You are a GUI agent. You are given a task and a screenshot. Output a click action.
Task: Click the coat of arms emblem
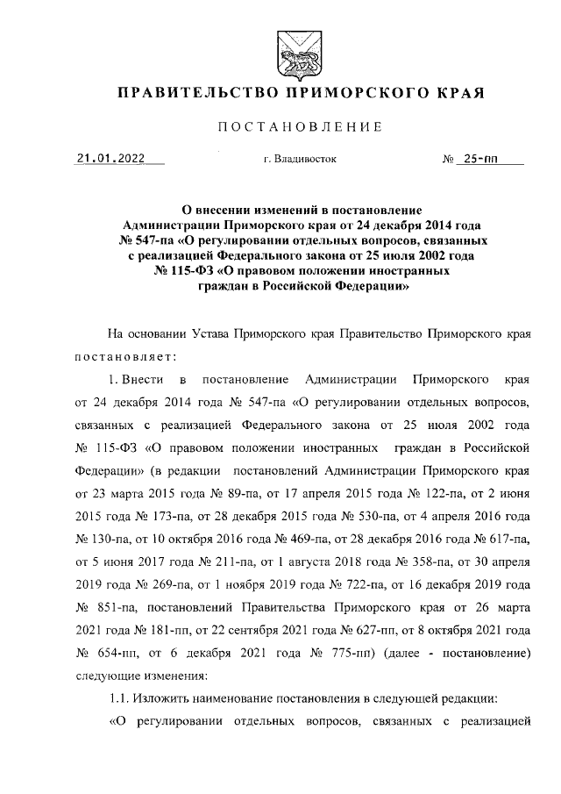(288, 49)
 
